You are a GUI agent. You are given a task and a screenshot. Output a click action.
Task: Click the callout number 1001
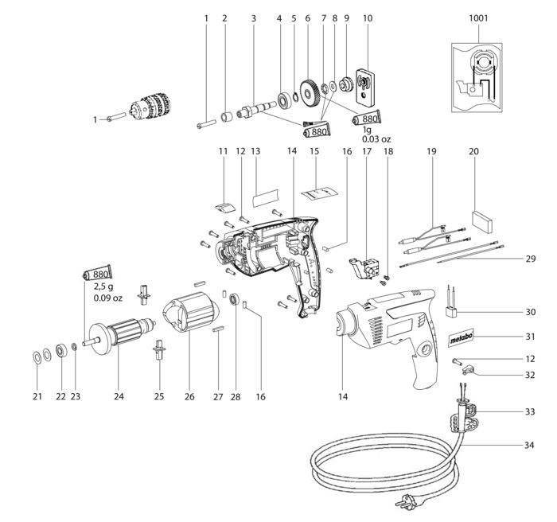click(x=478, y=18)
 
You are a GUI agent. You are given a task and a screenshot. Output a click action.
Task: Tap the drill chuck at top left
click(x=150, y=107)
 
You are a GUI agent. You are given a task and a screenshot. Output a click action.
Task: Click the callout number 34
click(x=529, y=445)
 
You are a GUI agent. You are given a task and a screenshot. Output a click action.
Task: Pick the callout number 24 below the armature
click(x=119, y=396)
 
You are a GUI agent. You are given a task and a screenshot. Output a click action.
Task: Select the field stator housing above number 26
click(x=190, y=312)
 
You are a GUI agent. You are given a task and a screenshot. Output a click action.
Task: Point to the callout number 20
click(x=473, y=151)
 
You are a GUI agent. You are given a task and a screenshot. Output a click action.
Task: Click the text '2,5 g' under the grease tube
click(x=103, y=286)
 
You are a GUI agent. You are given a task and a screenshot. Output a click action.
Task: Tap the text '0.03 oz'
click(x=376, y=139)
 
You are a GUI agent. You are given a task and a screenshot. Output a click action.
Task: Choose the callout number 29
click(x=531, y=259)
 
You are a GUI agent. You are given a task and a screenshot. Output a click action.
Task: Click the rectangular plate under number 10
click(x=364, y=87)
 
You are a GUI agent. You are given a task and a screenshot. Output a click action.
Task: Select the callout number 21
click(x=37, y=396)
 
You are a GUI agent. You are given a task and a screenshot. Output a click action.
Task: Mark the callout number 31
click(x=530, y=336)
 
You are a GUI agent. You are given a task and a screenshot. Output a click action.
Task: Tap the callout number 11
click(x=223, y=151)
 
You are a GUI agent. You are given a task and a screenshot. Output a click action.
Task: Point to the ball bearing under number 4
click(x=284, y=100)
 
